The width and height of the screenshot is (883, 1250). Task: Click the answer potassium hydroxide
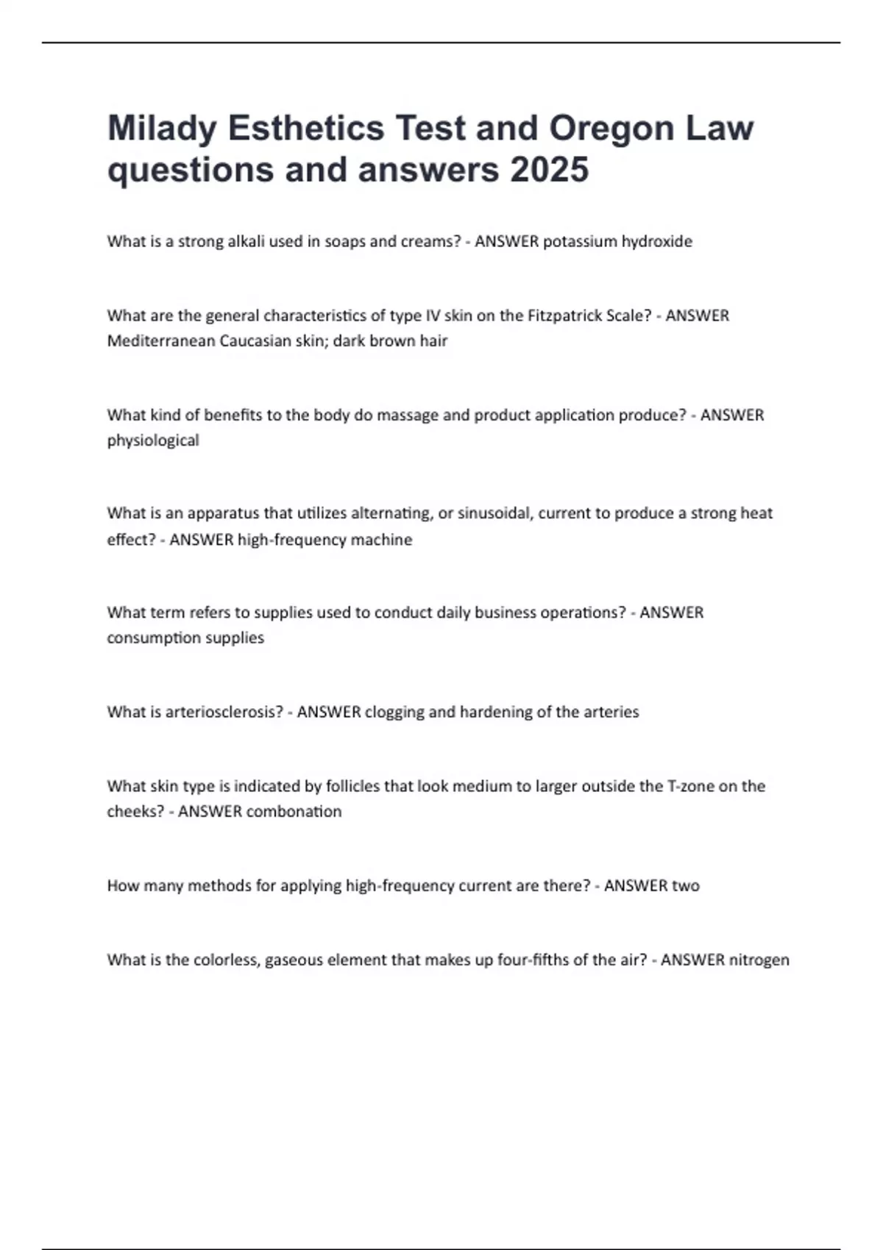(x=617, y=241)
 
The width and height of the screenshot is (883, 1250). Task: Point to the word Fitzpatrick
(x=564, y=315)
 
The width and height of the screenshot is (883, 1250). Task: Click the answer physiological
(x=153, y=440)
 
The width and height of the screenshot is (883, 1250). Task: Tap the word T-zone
(x=690, y=786)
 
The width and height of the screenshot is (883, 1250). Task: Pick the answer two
(x=686, y=885)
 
